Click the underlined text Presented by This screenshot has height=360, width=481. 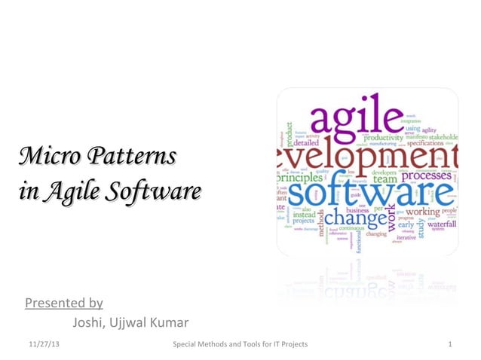[64, 303]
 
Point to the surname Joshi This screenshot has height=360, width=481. [90, 324]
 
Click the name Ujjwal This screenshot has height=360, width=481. [129, 324]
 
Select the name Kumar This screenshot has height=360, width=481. [170, 324]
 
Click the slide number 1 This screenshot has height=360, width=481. [449, 344]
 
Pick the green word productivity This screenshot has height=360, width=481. [384, 138]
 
